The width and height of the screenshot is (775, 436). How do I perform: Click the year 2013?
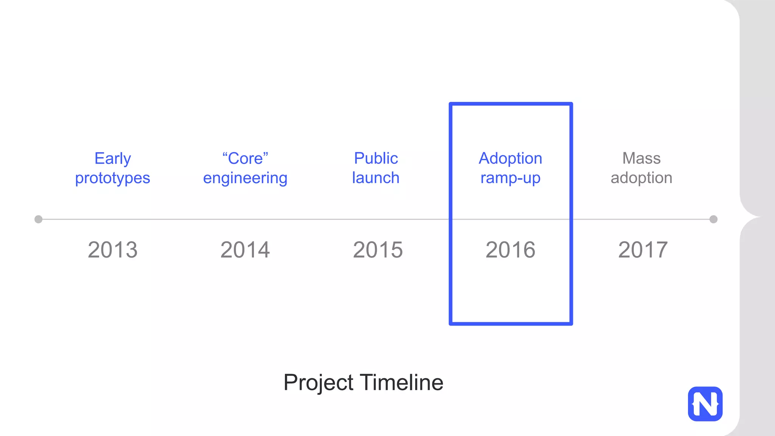coord(113,250)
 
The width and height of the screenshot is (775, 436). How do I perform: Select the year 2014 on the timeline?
coord(245,250)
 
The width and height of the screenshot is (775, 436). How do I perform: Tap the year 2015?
coord(378,250)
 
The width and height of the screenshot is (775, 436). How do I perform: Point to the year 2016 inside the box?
coord(510,250)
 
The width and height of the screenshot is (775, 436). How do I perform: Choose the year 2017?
coord(643,250)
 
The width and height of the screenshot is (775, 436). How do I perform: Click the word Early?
coord(113,159)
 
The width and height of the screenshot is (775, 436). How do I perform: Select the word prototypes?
coord(112,178)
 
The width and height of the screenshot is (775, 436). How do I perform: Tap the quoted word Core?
coord(245,159)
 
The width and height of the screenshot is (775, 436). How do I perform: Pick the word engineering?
coord(245,178)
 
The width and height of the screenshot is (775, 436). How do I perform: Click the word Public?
coord(376,158)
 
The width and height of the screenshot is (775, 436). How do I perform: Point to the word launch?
coord(376,178)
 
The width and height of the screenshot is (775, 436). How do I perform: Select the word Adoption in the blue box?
coord(510,158)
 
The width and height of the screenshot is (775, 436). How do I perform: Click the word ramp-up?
coord(510,178)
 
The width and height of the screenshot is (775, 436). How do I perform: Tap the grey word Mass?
coord(641,158)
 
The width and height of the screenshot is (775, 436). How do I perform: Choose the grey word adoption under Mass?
coord(641,178)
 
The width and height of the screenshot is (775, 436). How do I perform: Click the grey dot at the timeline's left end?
coord(38,219)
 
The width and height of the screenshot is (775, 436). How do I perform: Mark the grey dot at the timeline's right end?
coord(713,219)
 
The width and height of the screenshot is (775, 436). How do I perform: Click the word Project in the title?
coord(318,383)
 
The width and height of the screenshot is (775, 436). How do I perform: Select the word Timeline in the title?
coord(402,382)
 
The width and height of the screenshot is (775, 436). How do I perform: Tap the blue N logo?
coord(705,404)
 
